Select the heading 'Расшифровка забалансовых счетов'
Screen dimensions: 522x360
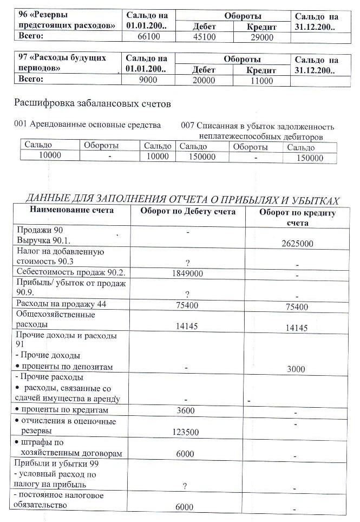pyautogui.click(x=93, y=103)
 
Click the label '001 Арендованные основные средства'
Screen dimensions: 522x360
pyautogui.click(x=88, y=125)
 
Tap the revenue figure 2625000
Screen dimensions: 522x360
pyautogui.click(x=297, y=244)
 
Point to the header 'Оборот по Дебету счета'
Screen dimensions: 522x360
pyautogui.click(x=188, y=212)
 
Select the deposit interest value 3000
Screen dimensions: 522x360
pyautogui.click(x=297, y=369)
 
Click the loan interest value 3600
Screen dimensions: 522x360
pyautogui.click(x=186, y=410)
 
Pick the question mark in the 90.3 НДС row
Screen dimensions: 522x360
pyautogui.click(x=187, y=263)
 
